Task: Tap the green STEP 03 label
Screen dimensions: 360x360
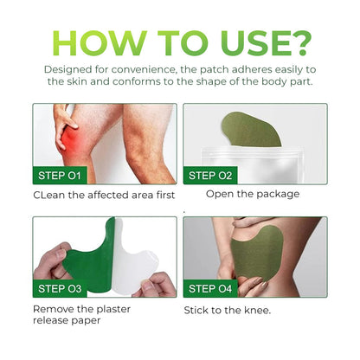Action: (x=61, y=288)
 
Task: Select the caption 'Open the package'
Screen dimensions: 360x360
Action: (x=253, y=194)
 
